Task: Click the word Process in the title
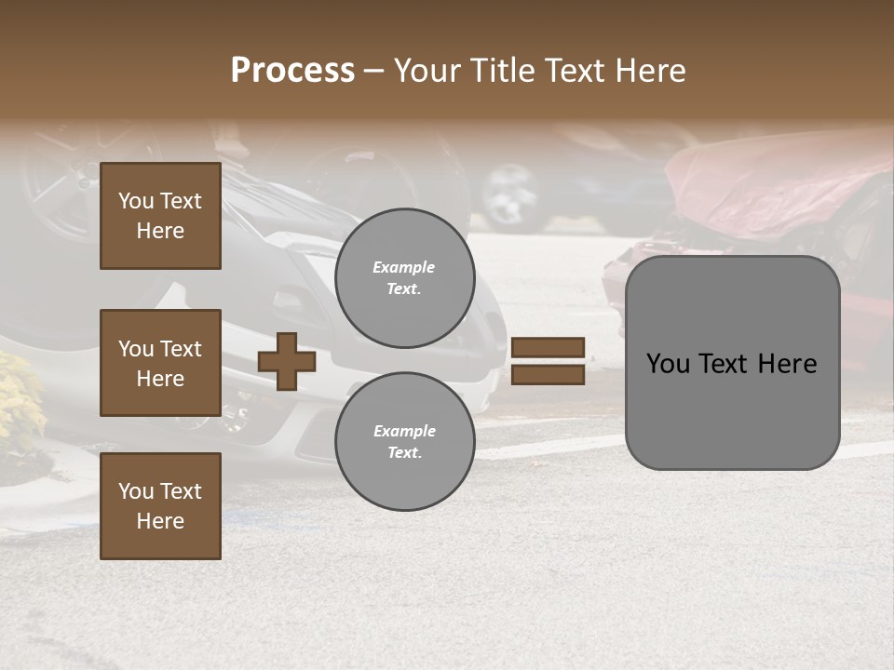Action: (292, 71)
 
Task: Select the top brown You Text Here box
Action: (160, 216)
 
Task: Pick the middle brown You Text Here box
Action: (160, 363)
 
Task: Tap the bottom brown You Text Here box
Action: (160, 506)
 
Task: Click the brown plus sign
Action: (287, 361)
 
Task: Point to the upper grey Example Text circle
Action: (404, 278)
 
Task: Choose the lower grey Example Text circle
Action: (404, 442)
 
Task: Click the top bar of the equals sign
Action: (548, 347)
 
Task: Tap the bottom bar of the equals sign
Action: (548, 374)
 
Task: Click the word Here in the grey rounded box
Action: (787, 364)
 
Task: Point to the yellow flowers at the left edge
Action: (19, 400)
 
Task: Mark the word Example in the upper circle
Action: (404, 267)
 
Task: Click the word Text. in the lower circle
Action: (404, 453)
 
